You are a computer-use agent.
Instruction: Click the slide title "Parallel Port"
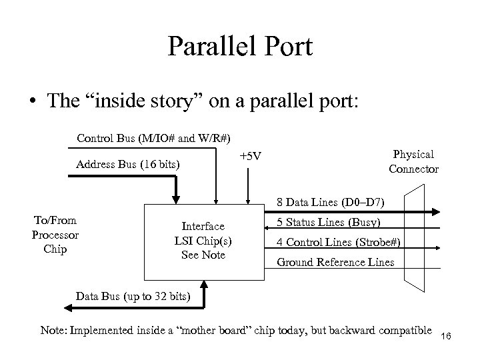[x=239, y=47]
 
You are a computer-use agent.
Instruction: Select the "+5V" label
[x=250, y=157]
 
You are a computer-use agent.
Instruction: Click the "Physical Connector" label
[x=413, y=162]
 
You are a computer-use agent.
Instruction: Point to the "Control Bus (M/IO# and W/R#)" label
[x=154, y=139]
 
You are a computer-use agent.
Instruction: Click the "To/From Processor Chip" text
[x=55, y=235]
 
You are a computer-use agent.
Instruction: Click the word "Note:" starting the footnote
[x=54, y=331]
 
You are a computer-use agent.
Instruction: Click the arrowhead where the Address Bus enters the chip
[x=176, y=198]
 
